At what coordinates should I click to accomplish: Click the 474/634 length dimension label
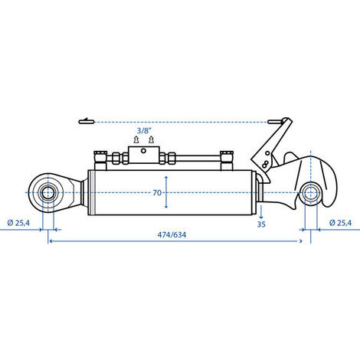pyautogui.click(x=172, y=234)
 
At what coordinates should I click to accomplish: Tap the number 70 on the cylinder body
pyautogui.click(x=157, y=192)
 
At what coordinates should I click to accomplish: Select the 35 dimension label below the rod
pyautogui.click(x=261, y=224)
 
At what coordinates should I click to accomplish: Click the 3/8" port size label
pyautogui.click(x=144, y=131)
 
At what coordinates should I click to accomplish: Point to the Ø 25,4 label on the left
pyautogui.click(x=18, y=223)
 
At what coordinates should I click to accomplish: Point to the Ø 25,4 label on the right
pyautogui.click(x=340, y=223)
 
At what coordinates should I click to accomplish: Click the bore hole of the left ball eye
pyautogui.click(x=47, y=192)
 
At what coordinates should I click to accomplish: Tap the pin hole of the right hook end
pyautogui.click(x=310, y=193)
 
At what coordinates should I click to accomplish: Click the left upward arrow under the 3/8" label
pyautogui.click(x=136, y=139)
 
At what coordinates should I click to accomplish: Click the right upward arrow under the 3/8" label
pyautogui.click(x=152, y=139)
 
